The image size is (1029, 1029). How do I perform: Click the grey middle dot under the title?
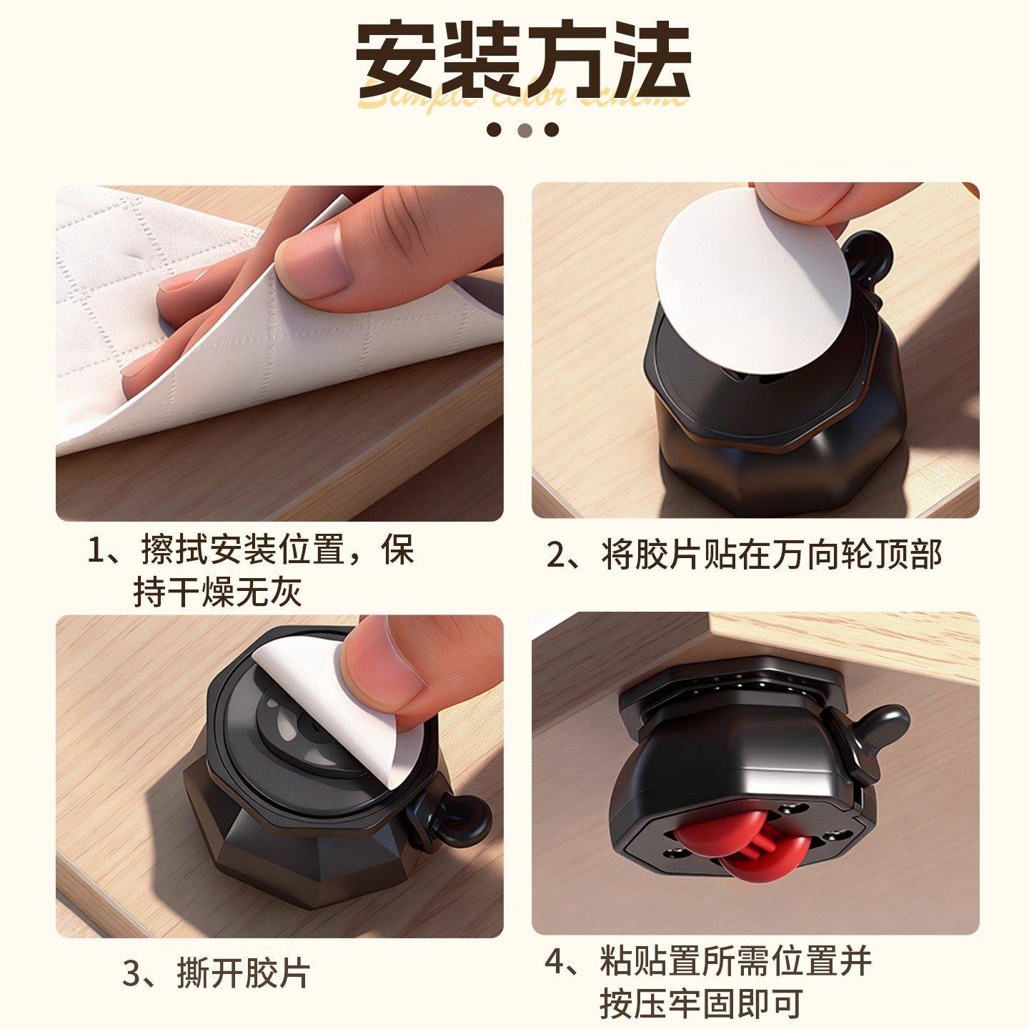coord(525,130)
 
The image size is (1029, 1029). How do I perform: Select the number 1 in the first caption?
coord(96,550)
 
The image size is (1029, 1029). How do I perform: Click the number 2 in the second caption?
coord(557,555)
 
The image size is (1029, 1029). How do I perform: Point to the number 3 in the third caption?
coord(134,973)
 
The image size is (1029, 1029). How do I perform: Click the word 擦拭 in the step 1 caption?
coord(174,550)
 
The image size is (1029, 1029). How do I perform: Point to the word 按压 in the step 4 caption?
coord(633,1003)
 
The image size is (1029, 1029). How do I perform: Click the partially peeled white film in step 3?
coord(336,715)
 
